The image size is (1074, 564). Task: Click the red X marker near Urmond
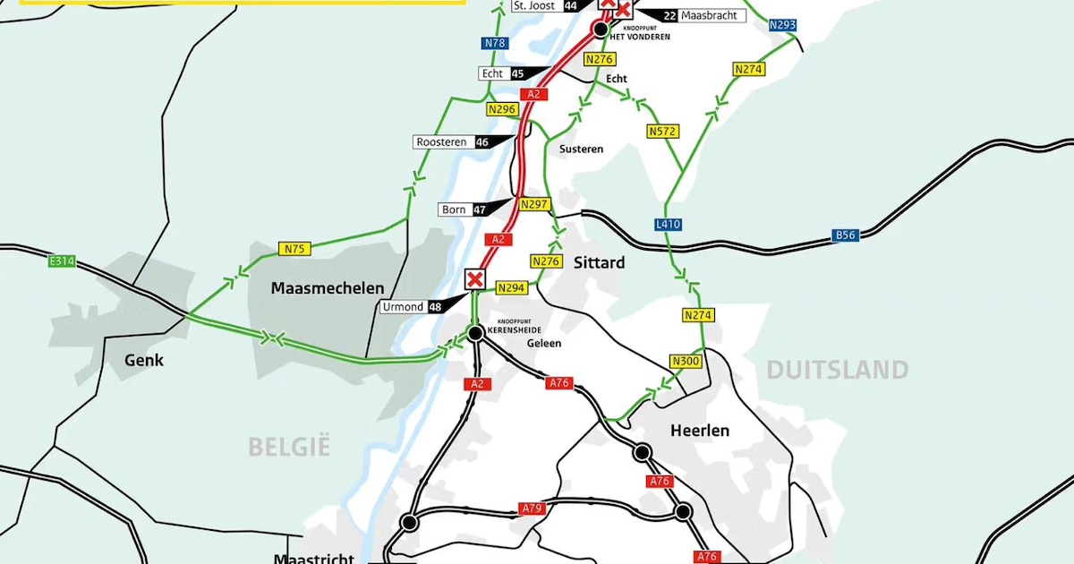(x=475, y=279)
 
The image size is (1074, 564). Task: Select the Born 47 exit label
(x=464, y=209)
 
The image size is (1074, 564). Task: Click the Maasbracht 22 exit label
(x=703, y=15)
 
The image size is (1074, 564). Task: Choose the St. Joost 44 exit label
(x=545, y=6)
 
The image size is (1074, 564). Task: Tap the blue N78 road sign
(x=494, y=43)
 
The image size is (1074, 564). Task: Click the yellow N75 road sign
(x=294, y=249)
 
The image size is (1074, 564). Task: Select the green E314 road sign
(x=62, y=261)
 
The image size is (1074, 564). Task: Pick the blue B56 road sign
(x=845, y=235)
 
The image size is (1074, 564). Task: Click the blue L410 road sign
(x=668, y=225)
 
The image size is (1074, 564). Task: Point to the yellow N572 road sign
(x=662, y=132)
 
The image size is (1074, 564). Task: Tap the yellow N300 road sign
(x=684, y=361)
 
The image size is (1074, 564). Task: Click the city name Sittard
(x=599, y=263)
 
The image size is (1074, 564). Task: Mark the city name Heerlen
(x=699, y=431)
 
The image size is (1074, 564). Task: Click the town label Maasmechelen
(x=328, y=288)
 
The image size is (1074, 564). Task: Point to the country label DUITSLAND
(x=836, y=370)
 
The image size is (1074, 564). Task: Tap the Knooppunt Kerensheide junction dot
(x=476, y=333)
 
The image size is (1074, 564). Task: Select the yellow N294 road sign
(x=511, y=287)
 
